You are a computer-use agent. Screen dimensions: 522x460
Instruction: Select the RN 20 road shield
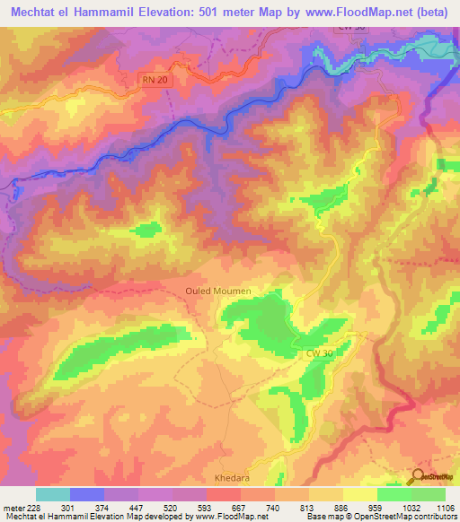coord(154,80)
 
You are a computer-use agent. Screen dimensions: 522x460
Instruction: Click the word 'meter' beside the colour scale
coord(13,507)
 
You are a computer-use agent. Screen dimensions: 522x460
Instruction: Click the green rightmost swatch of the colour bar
coord(429,494)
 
